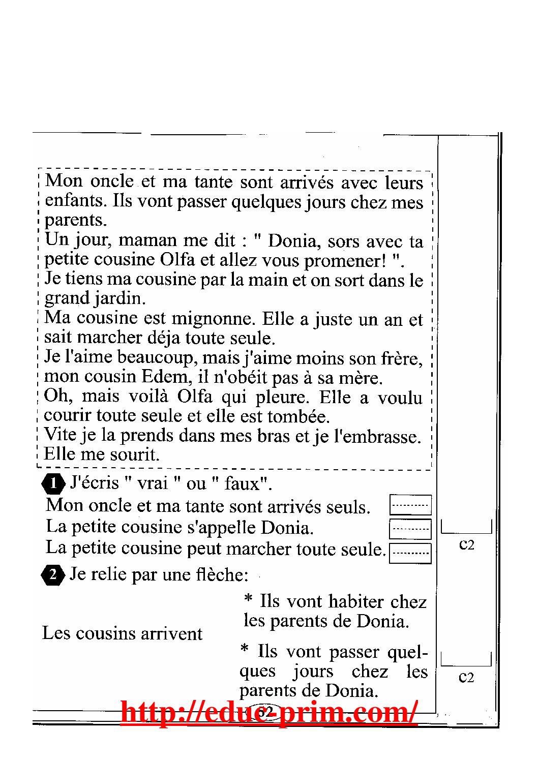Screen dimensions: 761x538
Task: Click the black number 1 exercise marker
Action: point(53,483)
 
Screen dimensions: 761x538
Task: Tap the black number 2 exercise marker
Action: point(53,575)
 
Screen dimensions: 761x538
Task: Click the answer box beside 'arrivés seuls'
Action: point(410,505)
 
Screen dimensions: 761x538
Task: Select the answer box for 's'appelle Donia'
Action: point(410,528)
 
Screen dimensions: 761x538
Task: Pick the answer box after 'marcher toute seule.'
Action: point(410,553)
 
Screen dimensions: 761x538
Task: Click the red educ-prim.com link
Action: point(269,712)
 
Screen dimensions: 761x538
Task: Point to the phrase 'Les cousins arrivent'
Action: point(122,633)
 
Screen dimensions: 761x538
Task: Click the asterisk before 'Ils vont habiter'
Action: point(248,599)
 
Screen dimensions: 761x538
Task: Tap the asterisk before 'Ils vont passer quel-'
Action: point(245,649)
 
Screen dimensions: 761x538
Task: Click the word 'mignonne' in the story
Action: point(213,319)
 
